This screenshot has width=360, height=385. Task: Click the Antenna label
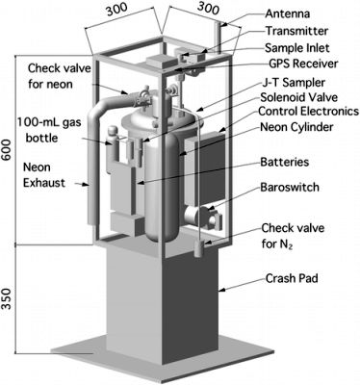[x=288, y=13]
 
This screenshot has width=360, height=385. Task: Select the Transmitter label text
[x=296, y=31]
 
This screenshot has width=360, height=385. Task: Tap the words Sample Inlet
[x=297, y=48]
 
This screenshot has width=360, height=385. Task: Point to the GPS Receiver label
[x=303, y=64]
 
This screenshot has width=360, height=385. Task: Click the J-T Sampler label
[x=293, y=83]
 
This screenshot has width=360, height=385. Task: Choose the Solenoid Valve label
[x=299, y=97]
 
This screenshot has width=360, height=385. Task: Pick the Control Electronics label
[x=308, y=112]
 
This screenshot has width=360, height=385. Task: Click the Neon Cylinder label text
[x=296, y=127]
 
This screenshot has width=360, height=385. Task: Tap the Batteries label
[x=285, y=162]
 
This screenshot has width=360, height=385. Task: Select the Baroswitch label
[x=290, y=187]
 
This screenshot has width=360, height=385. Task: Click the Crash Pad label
[x=292, y=278]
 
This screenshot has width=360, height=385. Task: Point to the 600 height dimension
[x=7, y=150]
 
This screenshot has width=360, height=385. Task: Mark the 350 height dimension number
[x=7, y=298]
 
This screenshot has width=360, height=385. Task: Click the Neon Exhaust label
[x=44, y=175]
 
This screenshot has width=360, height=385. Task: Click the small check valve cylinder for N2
[x=199, y=248]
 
